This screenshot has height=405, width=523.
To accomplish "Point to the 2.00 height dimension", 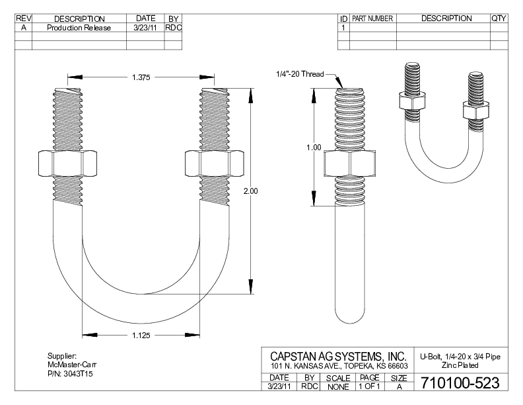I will click(250, 191).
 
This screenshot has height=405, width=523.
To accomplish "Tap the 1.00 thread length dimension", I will click(314, 147).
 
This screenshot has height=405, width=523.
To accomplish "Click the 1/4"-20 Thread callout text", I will click(300, 74).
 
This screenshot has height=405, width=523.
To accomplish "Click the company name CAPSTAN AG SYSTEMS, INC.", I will click(338, 357).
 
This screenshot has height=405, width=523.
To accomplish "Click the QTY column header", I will click(499, 19).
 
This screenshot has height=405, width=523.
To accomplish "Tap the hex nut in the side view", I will click(349, 163).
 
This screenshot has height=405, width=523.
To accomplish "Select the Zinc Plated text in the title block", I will click(460, 365).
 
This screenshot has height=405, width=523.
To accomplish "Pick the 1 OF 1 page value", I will click(370, 386).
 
